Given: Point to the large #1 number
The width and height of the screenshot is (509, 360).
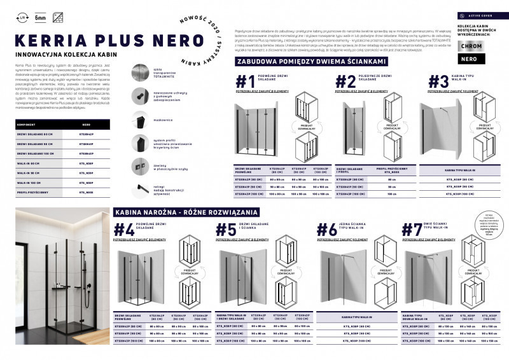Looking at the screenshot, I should click(x=245, y=82).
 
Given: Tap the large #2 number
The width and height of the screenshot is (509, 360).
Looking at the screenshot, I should click(x=345, y=82).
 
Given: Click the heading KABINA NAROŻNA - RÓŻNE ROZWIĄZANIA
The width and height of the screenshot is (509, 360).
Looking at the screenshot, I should click(x=186, y=211).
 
